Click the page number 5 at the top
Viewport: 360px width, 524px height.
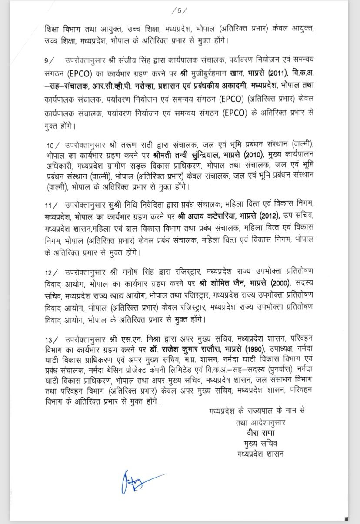tap(180, 10)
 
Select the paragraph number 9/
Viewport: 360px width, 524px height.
tap(49, 59)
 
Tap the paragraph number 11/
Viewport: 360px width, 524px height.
tap(51, 203)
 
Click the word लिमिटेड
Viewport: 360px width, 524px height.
tap(193, 369)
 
